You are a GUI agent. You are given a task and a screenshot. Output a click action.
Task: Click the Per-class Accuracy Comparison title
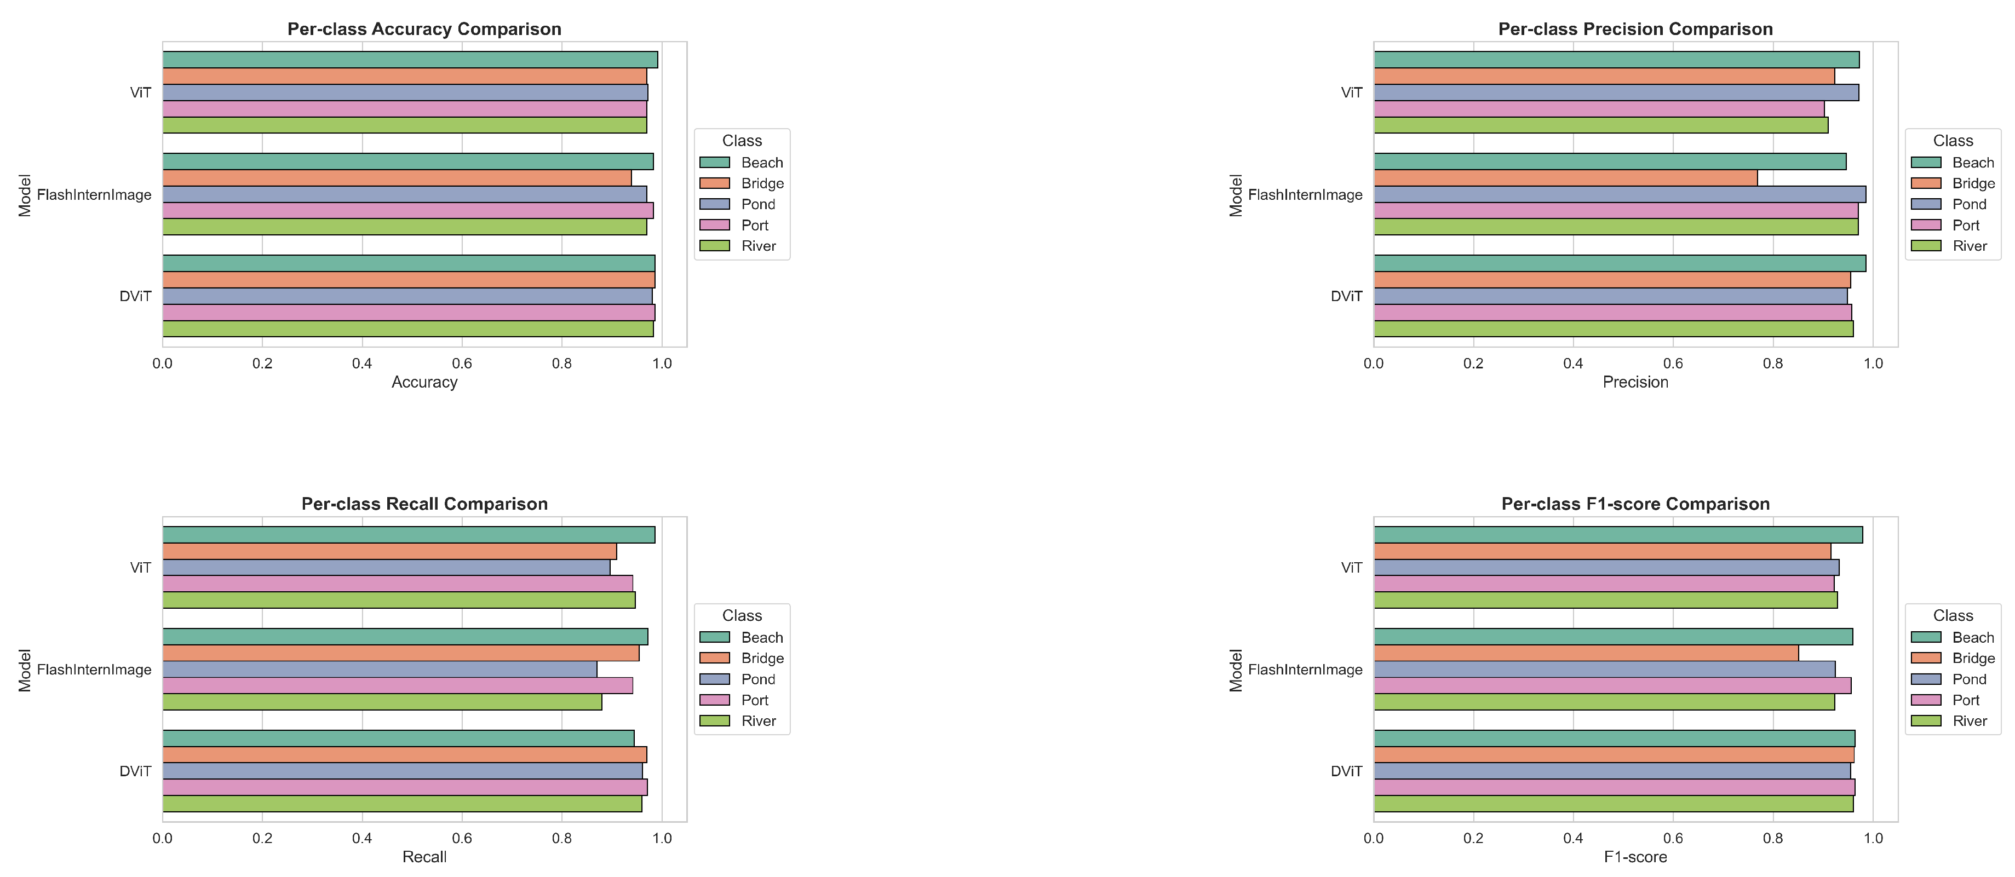(424, 29)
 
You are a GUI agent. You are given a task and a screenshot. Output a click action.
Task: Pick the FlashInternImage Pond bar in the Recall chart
(380, 669)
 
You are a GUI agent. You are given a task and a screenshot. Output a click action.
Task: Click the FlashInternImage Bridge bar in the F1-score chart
(1585, 653)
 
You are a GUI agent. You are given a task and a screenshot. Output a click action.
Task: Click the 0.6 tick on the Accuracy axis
(462, 364)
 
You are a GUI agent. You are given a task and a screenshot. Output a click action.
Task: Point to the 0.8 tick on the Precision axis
(1772, 364)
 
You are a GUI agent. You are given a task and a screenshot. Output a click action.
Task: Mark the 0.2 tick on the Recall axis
(262, 839)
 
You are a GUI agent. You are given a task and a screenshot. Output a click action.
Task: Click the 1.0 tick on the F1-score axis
(1873, 839)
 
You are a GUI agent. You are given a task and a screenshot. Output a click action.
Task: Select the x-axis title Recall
(424, 857)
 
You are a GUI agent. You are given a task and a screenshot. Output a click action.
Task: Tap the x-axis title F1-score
(1635, 857)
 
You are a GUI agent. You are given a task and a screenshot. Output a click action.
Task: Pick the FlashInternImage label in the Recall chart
(94, 670)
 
